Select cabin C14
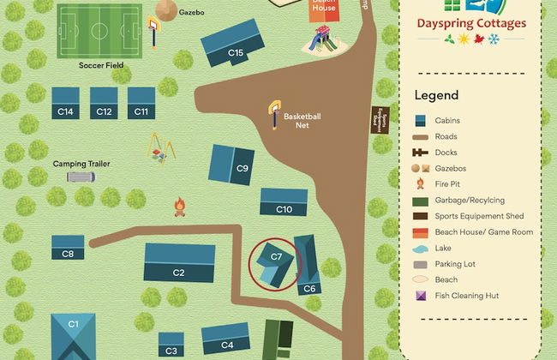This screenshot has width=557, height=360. click(x=65, y=103)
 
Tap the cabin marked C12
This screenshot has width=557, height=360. click(x=104, y=103)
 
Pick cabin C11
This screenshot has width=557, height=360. click(x=141, y=103)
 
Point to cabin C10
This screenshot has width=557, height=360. click(x=284, y=202)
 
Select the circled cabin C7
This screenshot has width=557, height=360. click(x=275, y=261)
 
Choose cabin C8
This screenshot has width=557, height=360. click(x=68, y=248)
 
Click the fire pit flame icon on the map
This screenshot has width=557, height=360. click(x=180, y=207)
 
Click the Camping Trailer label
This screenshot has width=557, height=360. click(x=81, y=164)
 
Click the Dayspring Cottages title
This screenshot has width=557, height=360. click(x=470, y=23)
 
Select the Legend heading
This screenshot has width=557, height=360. click(x=436, y=95)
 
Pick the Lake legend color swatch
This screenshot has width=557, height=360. click(x=421, y=248)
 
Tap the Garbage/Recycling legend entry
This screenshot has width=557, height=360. click(x=470, y=200)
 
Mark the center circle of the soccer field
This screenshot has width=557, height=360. click(x=99, y=31)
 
